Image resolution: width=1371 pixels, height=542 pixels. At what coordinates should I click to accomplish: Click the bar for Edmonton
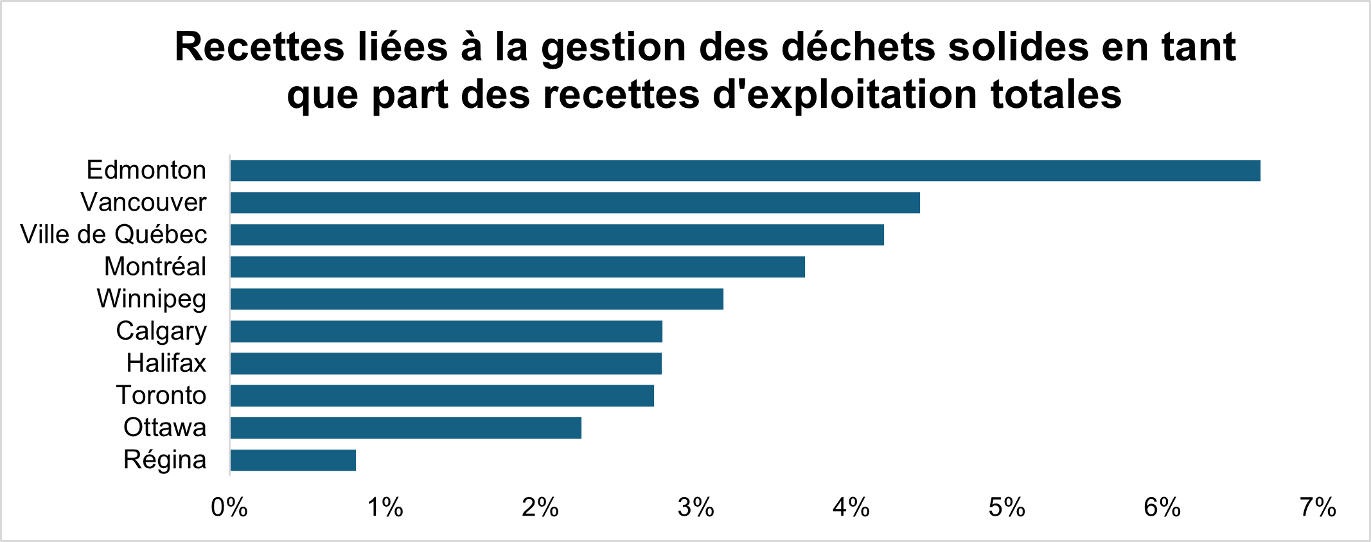click(x=745, y=171)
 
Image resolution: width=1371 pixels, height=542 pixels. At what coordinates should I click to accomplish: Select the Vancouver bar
click(x=575, y=203)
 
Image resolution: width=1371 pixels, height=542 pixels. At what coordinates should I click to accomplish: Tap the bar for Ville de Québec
click(x=557, y=235)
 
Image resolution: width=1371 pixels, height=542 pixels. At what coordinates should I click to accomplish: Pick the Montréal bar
click(x=518, y=267)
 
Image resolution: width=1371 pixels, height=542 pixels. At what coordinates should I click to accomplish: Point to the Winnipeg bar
click(x=477, y=299)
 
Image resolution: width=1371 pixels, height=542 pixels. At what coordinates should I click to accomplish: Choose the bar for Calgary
click(x=447, y=331)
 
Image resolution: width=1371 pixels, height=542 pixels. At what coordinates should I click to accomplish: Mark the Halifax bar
click(x=446, y=363)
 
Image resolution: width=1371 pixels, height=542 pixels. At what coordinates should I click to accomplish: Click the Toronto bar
click(x=442, y=396)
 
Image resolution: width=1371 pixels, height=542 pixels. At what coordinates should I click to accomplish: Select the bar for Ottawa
click(x=406, y=428)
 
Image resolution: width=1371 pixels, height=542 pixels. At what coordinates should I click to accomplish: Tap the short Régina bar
click(x=293, y=460)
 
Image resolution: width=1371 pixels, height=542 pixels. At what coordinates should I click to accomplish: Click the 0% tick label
click(x=229, y=509)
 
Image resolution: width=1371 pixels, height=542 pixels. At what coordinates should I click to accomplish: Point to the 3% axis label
click(x=696, y=509)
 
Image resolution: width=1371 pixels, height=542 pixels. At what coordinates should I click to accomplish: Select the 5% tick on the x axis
click(x=1007, y=509)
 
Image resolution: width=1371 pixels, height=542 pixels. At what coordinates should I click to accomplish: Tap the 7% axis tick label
click(x=1318, y=509)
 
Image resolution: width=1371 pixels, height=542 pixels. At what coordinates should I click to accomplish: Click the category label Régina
click(x=165, y=460)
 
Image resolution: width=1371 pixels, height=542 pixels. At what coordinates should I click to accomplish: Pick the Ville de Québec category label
click(x=114, y=235)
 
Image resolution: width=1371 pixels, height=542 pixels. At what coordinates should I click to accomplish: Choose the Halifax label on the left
click(x=166, y=363)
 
